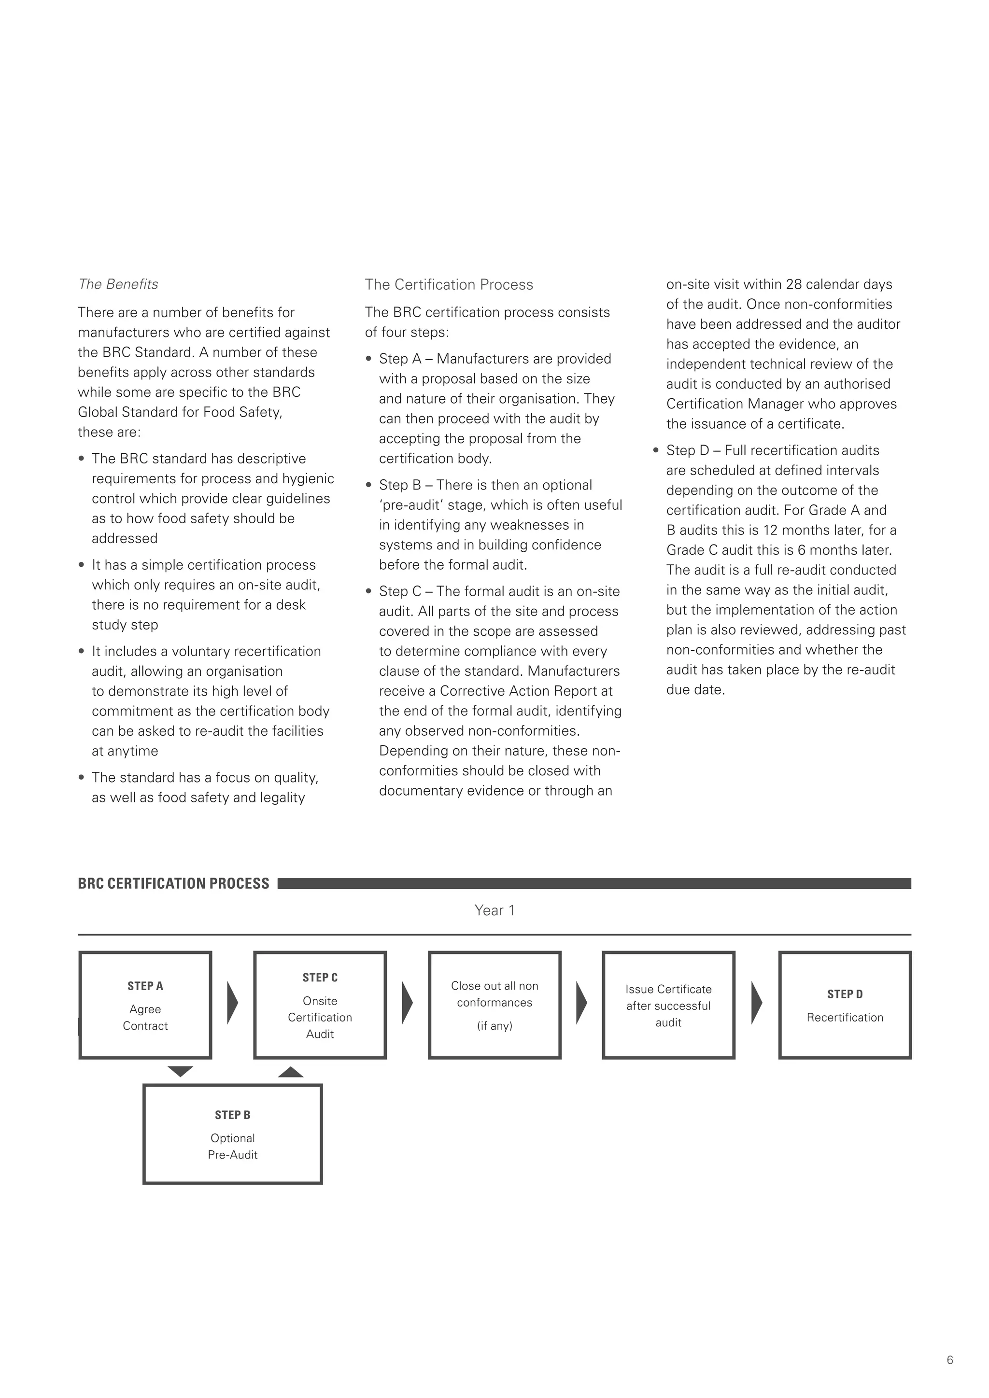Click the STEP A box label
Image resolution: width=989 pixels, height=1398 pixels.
pos(145,986)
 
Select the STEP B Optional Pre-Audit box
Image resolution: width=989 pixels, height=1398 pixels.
pos(233,1134)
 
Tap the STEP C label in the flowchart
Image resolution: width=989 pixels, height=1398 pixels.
pos(320,977)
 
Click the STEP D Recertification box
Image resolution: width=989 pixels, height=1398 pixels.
pos(845,1005)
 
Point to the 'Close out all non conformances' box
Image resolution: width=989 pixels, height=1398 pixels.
pos(494,1005)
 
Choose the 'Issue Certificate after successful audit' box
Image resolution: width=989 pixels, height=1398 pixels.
pos(668,1005)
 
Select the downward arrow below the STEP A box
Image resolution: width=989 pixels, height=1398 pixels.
pos(180,1072)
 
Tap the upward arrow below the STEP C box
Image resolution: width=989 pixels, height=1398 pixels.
pos(291,1072)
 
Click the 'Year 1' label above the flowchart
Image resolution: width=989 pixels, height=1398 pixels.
pos(494,910)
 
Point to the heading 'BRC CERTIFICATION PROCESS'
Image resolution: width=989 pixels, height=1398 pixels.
pos(173,883)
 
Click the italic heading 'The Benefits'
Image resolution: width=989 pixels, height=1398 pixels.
pos(118,284)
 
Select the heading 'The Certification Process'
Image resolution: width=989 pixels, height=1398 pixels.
pos(449,284)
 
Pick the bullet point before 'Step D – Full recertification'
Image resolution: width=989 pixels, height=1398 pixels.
pos(656,450)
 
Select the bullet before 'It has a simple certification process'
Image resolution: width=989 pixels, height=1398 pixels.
pos(82,565)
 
